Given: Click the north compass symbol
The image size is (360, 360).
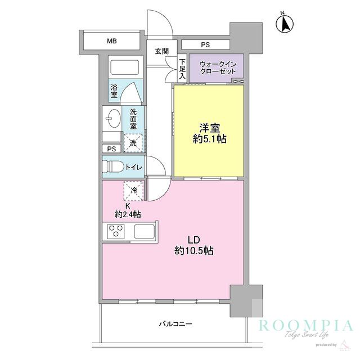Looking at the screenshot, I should (x=286, y=24).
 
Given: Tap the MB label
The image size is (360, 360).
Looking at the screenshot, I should (x=112, y=41).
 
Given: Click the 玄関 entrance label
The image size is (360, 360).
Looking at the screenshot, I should (x=162, y=51).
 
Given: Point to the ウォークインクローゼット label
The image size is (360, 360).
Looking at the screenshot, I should (x=217, y=68).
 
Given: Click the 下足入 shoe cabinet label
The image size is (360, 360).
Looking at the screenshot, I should (x=182, y=68).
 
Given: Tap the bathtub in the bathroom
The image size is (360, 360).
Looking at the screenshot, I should (x=124, y=68).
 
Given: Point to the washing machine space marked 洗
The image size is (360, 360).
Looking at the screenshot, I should (x=133, y=143).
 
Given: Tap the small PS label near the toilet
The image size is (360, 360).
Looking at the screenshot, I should (x=111, y=149).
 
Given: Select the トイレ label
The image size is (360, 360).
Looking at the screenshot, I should (x=133, y=167).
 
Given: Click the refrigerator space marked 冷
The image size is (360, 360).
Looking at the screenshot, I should (x=134, y=191).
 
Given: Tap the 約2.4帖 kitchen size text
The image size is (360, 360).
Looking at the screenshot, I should (x=128, y=214).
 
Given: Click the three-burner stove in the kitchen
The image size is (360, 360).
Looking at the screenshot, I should (x=116, y=231).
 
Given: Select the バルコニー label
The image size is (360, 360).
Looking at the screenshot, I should (x=175, y=324).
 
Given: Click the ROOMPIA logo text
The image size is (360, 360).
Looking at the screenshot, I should (x=305, y=326).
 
